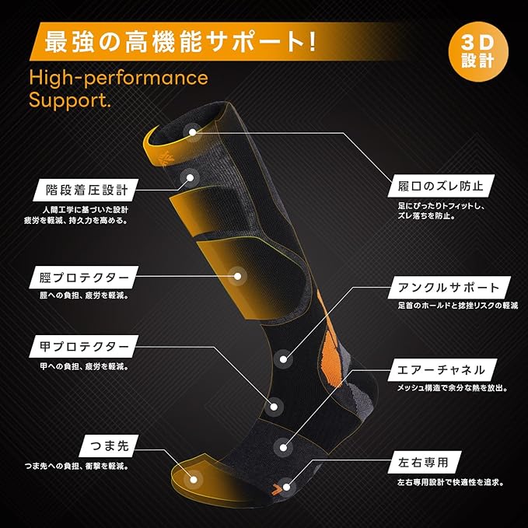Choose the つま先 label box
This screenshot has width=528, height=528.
[109, 446]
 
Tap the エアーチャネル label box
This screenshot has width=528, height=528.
[440, 369]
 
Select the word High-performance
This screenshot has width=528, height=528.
[118, 78]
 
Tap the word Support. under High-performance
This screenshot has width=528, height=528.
[70, 100]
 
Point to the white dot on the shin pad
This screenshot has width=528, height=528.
[237, 274]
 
